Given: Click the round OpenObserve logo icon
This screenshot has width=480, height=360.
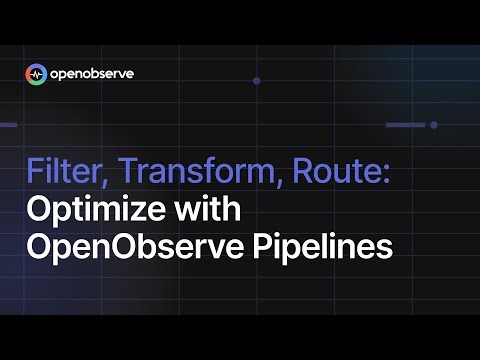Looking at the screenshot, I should tap(36, 73).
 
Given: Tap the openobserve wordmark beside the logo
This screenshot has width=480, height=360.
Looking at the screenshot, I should tap(92, 73).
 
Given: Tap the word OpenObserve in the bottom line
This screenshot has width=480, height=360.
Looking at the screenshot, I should tap(133, 245).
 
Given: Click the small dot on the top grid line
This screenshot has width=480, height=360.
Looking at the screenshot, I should tap(256, 80).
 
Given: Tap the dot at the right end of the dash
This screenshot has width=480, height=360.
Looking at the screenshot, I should tap(433, 125).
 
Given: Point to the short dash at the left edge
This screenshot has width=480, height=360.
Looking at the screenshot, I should tap(8, 125).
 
